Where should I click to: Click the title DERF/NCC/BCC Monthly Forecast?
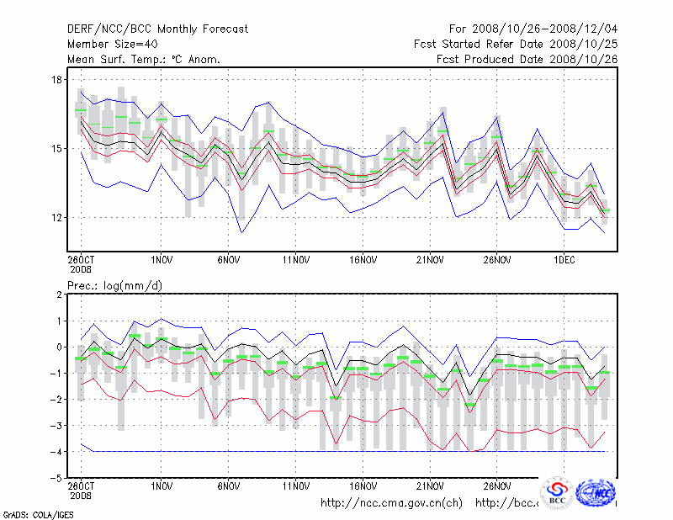pos(157,29)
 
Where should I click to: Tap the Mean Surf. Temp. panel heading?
pos(144,59)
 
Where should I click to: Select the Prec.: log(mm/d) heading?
pos(115,286)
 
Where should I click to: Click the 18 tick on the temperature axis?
pos(57,80)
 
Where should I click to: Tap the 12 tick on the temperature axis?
pos(57,218)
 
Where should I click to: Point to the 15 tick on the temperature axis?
pos(57,149)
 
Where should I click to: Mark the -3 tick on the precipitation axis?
pos(57,426)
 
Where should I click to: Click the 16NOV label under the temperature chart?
pos(363,260)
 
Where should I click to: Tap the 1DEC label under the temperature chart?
pos(564,260)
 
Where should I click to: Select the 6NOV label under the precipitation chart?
pos(229,486)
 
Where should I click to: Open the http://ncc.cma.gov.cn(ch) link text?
pos(391,503)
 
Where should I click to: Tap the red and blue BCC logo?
pos(556,493)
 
